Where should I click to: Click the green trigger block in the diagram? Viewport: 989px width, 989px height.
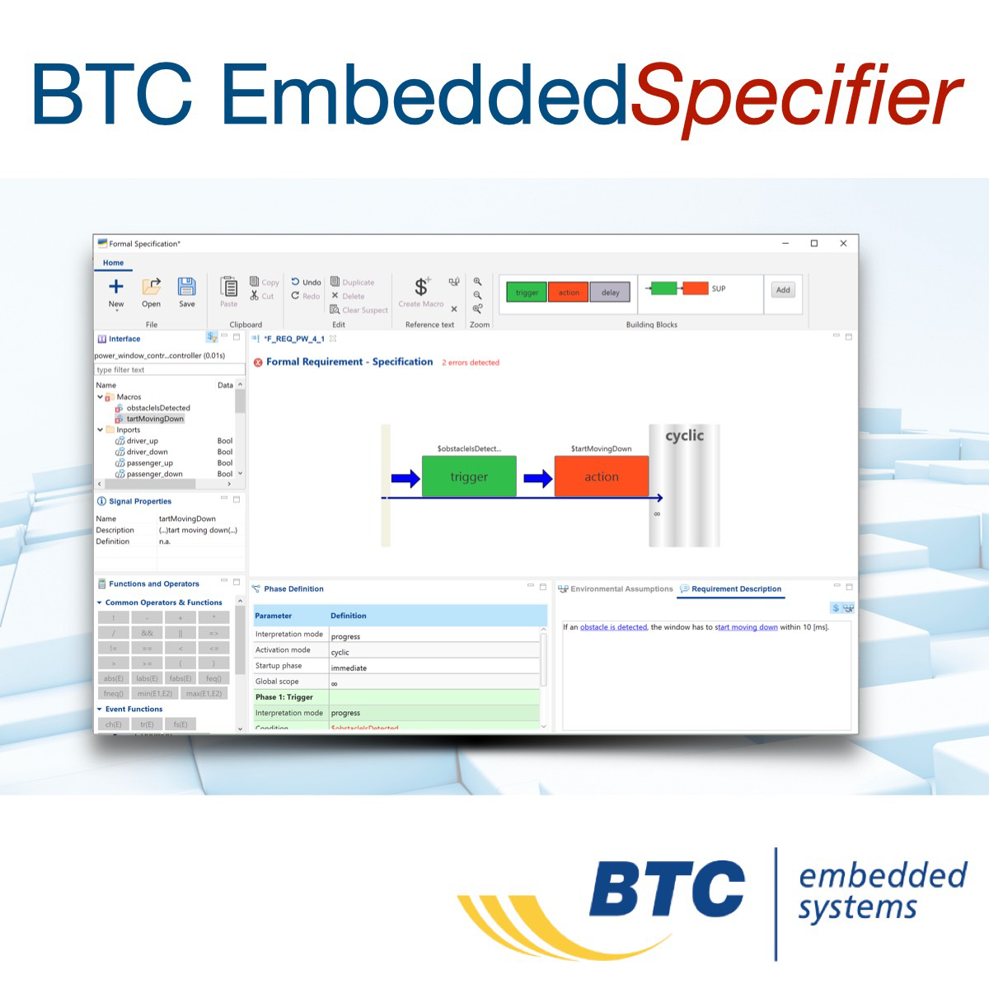click(x=469, y=476)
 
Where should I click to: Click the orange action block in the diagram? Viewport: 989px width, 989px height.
click(x=601, y=476)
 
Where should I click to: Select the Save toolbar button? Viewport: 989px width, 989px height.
click(x=187, y=291)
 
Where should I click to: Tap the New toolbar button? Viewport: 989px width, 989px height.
click(x=116, y=291)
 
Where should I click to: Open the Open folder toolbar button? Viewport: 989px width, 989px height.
click(x=152, y=291)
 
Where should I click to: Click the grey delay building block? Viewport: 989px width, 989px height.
click(x=610, y=292)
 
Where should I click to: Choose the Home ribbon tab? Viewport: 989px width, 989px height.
click(x=113, y=263)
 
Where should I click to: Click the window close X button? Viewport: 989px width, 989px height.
click(x=843, y=243)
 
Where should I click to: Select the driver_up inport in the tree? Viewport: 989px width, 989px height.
click(x=142, y=441)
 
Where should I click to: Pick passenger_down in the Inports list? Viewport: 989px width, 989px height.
click(x=154, y=474)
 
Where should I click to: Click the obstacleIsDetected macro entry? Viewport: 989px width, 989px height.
click(x=157, y=408)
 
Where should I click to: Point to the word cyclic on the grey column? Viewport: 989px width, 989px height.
click(x=684, y=435)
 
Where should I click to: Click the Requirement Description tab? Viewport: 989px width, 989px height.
click(x=735, y=588)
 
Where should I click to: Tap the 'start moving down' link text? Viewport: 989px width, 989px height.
click(x=746, y=627)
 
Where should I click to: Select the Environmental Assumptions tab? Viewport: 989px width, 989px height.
click(x=621, y=588)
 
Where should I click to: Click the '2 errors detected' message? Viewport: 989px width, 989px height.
click(x=471, y=363)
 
